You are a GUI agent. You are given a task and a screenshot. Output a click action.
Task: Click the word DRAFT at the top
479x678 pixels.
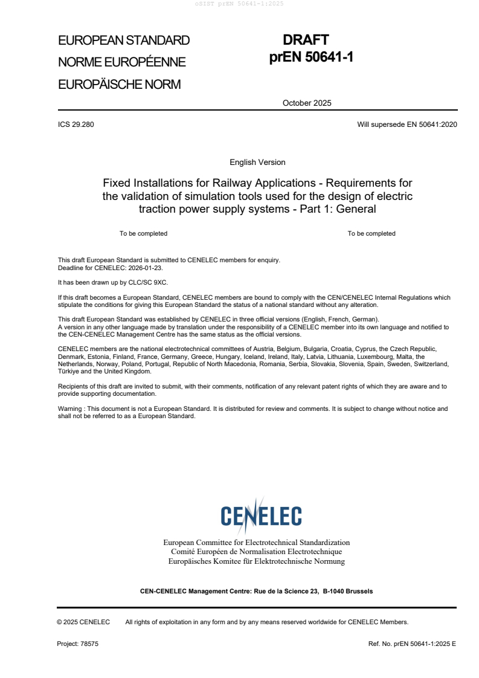pyautogui.click(x=306, y=40)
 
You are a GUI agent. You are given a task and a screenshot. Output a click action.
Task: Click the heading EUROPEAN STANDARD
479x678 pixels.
pyautogui.click(x=124, y=40)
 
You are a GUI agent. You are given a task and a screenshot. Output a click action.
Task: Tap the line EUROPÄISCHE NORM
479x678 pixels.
pyautogui.click(x=119, y=85)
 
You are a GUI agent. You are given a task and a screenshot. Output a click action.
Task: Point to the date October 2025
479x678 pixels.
pyautogui.click(x=307, y=103)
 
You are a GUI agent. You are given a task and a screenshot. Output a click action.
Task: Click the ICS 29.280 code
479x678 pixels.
pyautogui.click(x=76, y=124)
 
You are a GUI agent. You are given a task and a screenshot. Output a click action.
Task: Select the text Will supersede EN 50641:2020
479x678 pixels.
pyautogui.click(x=407, y=124)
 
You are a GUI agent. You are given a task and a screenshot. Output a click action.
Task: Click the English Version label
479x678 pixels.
pyautogui.click(x=257, y=163)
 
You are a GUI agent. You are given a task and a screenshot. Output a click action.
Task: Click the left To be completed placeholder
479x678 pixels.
pyautogui.click(x=143, y=233)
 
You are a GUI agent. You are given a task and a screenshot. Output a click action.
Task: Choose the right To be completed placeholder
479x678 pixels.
pyautogui.click(x=371, y=233)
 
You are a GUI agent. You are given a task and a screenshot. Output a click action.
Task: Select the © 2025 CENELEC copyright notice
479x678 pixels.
pyautogui.click(x=83, y=622)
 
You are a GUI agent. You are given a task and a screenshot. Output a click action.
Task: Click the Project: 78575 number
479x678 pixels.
pyautogui.click(x=77, y=644)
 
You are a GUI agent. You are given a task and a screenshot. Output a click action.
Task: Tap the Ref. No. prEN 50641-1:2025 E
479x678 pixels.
pyautogui.click(x=412, y=644)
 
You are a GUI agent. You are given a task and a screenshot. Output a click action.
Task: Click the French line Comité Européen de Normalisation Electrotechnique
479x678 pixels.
pyautogui.click(x=256, y=552)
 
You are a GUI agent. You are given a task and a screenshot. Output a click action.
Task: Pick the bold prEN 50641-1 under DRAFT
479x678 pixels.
pyautogui.click(x=311, y=57)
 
